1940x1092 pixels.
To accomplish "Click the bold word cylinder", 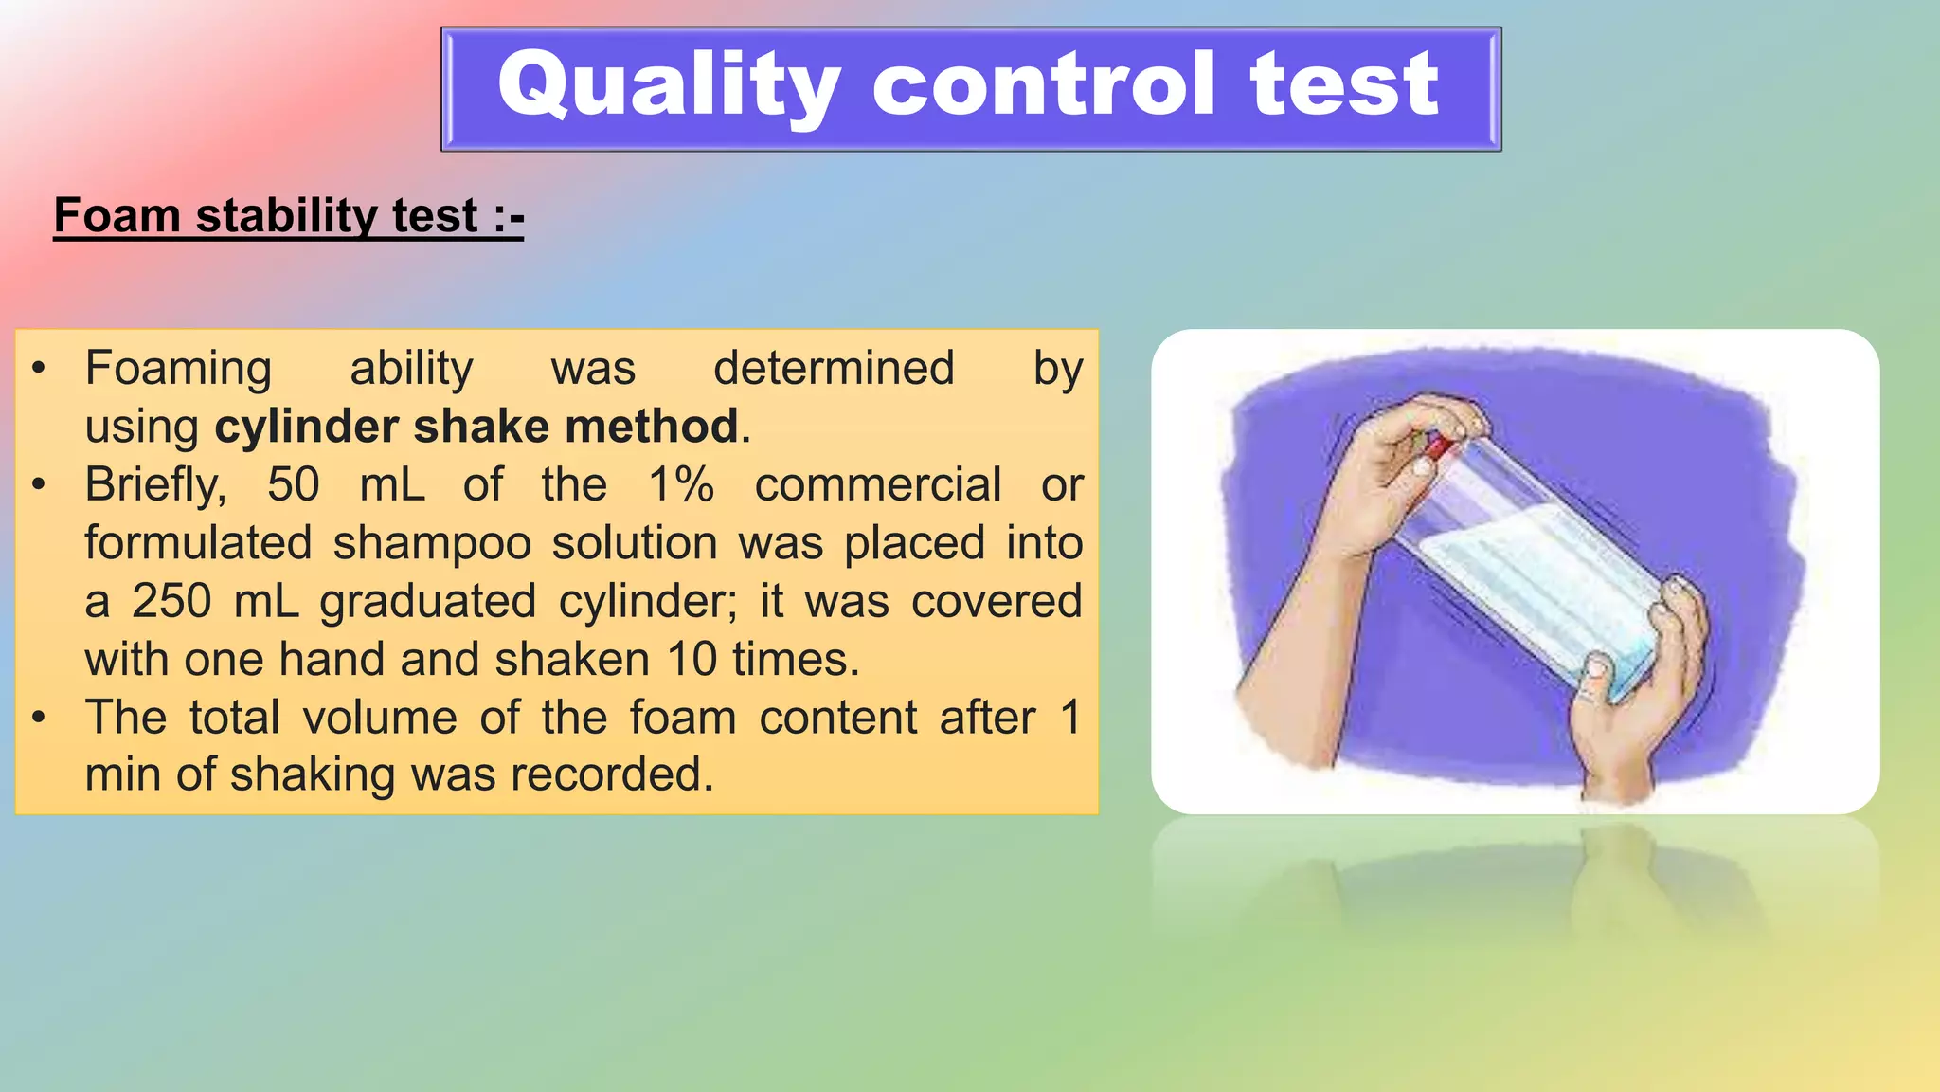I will coord(308,427).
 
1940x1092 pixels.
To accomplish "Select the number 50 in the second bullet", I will coord(293,484).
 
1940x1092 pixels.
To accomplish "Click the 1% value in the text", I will coord(681,484).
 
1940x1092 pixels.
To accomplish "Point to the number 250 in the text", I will coord(171,601).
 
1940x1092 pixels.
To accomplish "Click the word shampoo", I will coord(432,543).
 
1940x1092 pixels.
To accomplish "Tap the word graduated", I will coord(427,603).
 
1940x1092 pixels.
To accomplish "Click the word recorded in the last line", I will coord(611,774).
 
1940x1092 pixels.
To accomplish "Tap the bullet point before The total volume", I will coord(38,718).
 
